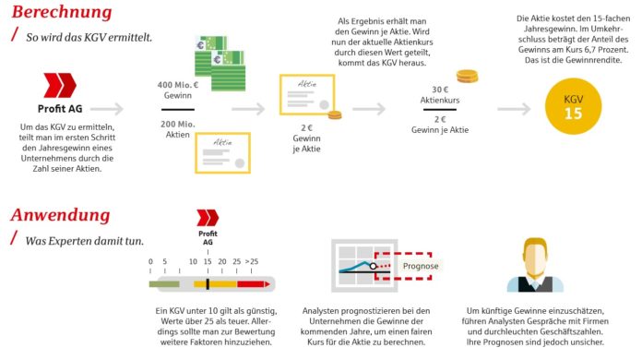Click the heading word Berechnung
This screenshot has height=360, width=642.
pos(62,13)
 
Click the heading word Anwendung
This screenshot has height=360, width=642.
pos(60,216)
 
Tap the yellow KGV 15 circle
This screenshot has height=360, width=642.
pos(573,106)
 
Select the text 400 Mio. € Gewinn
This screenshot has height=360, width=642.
pos(177,90)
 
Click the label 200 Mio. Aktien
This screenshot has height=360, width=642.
pos(177,128)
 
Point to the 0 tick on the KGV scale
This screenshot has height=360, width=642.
pos(150,262)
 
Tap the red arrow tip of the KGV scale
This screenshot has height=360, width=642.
pos(269,283)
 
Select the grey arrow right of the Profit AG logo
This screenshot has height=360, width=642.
pos(107,109)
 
